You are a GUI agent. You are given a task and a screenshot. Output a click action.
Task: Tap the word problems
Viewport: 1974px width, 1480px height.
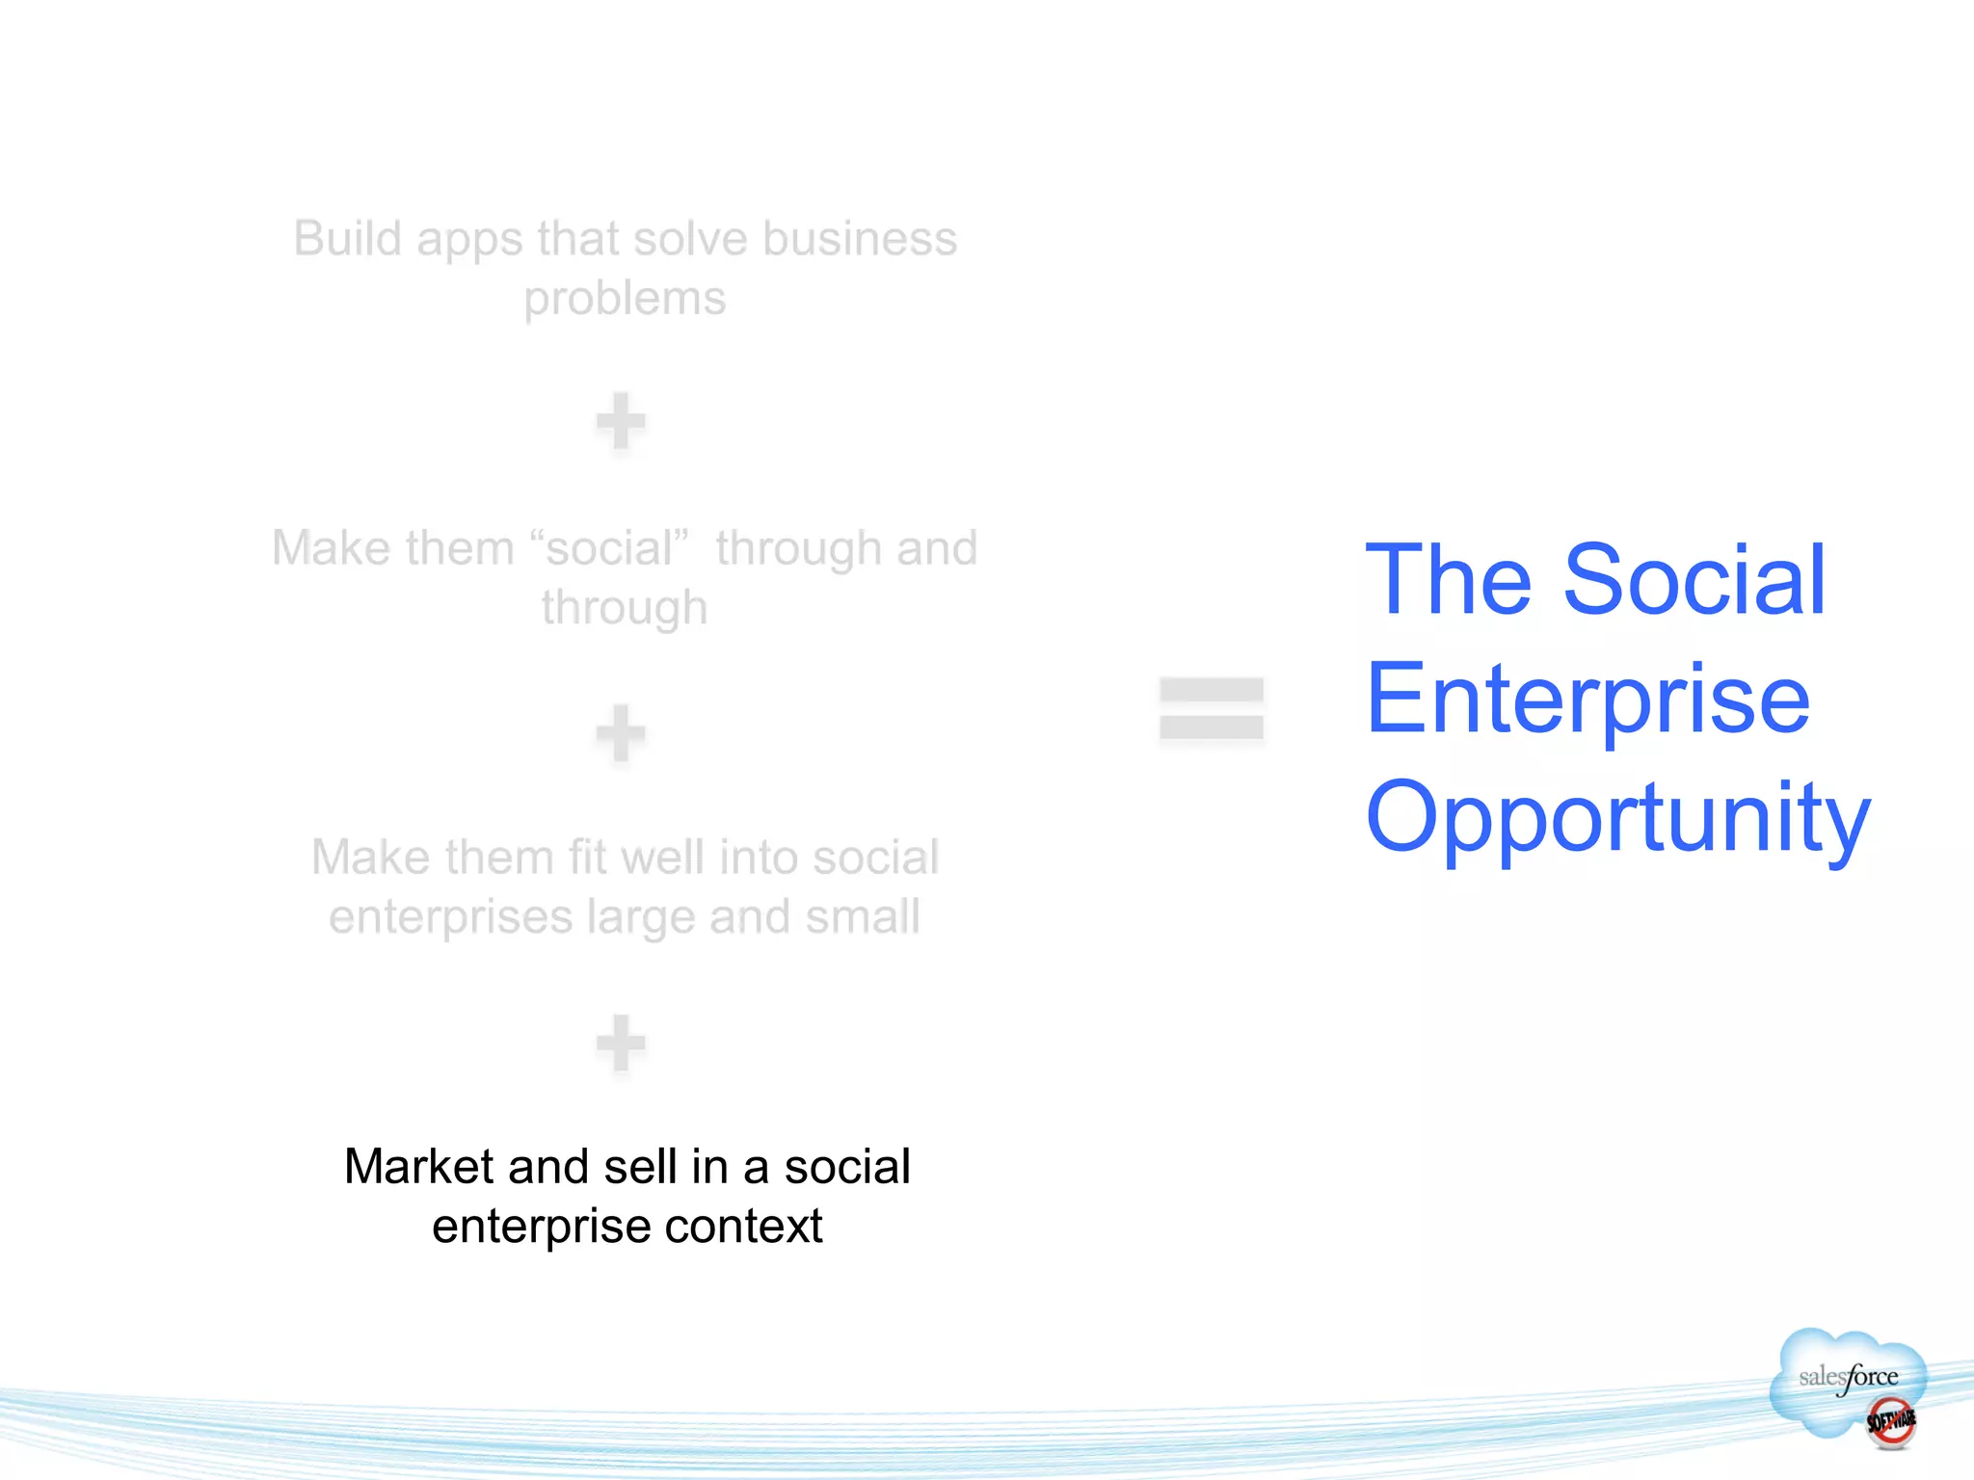click(625, 299)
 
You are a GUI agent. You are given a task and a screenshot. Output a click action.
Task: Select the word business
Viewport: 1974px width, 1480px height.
click(860, 239)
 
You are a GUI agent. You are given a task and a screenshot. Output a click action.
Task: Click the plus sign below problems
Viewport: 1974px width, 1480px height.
click(620, 421)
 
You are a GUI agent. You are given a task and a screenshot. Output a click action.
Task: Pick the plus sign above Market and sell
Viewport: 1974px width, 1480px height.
click(620, 1043)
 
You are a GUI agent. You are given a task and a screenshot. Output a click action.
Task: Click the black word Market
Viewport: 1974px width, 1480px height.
click(419, 1167)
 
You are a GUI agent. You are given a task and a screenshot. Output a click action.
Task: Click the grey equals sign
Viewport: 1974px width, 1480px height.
click(1212, 709)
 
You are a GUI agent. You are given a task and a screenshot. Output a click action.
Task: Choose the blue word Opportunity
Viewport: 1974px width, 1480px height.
click(1617, 818)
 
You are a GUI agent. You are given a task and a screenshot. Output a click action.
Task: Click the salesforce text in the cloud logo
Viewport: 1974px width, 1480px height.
click(1848, 1377)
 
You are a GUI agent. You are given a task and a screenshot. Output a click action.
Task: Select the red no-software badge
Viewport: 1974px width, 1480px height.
click(1890, 1421)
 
